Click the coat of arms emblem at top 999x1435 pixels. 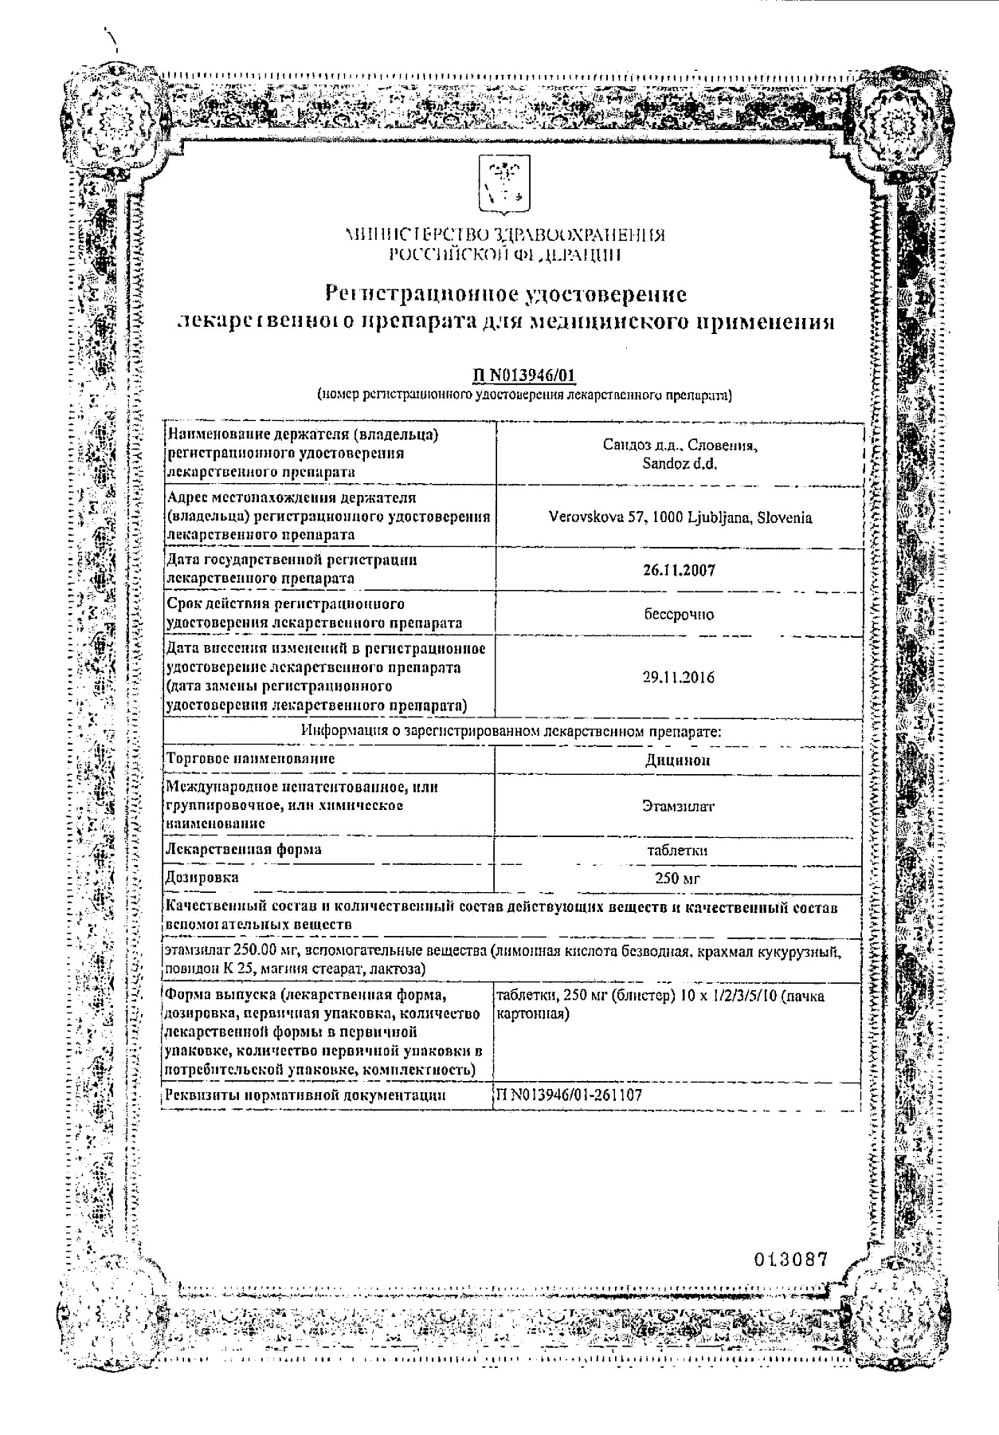pyautogui.click(x=499, y=185)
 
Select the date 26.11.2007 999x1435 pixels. pyautogui.click(x=679, y=569)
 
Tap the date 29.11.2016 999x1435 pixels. pyautogui.click(x=679, y=677)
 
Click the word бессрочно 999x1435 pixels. pyautogui.click(x=679, y=614)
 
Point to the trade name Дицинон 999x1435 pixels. pyautogui.click(x=678, y=760)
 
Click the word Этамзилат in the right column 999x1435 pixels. pyautogui.click(x=678, y=805)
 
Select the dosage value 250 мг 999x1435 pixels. pyautogui.click(x=678, y=879)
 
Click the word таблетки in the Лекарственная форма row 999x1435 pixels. pyautogui.click(x=678, y=850)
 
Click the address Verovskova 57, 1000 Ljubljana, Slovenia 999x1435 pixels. pyautogui.click(x=680, y=517)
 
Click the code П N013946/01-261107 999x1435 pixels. pyautogui.click(x=568, y=1095)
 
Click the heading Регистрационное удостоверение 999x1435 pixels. pyautogui.click(x=507, y=294)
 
